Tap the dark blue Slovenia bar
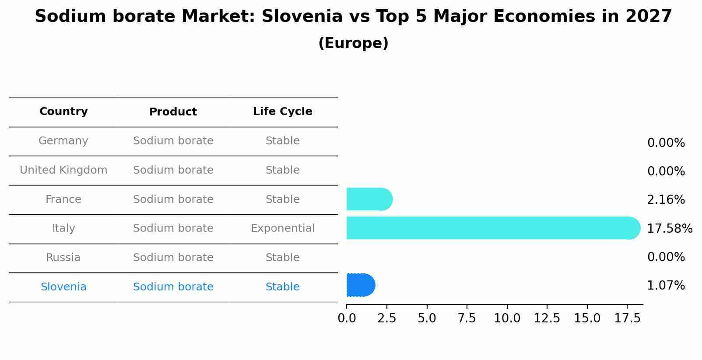click(360, 285)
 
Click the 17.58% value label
click(669, 228)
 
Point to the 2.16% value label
click(665, 200)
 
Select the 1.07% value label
click(665, 286)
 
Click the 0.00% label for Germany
click(665, 143)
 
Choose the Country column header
click(63, 112)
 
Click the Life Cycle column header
click(282, 112)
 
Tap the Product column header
click(173, 112)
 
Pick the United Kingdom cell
click(63, 170)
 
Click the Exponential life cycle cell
click(282, 228)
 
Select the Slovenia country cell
click(63, 287)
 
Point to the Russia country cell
click(63, 258)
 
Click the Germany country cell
click(63, 141)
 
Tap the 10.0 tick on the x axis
click(507, 318)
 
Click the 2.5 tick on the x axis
click(386, 318)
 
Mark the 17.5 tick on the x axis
click(627, 318)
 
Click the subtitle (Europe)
click(353, 43)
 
